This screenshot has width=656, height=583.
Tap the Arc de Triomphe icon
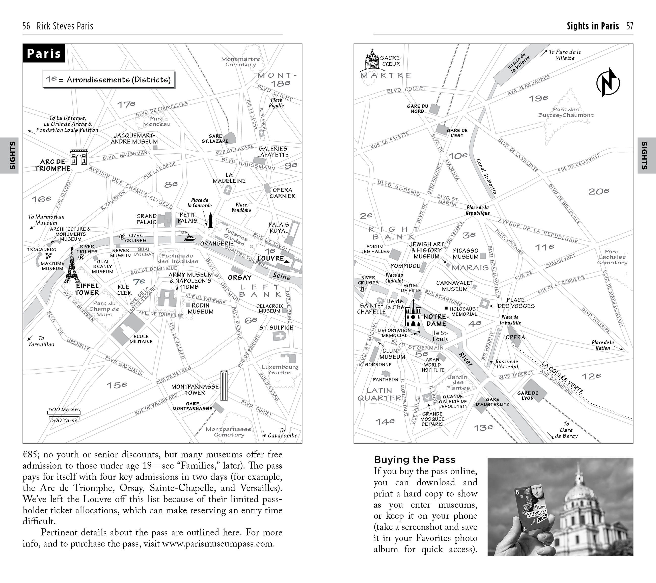pos(79,157)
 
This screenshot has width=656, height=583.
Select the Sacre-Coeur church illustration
pos(372,60)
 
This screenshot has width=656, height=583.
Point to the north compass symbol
pos(608,82)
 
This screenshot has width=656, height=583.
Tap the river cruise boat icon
pos(189,237)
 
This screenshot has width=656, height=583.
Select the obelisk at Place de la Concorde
pos(210,220)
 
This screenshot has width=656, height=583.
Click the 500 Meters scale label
pos(64,409)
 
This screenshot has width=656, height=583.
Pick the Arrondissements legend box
pos(108,79)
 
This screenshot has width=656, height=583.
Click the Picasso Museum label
pos(466,254)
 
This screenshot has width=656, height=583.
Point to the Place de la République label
pos(478,210)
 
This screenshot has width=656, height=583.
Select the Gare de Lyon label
pos(528,396)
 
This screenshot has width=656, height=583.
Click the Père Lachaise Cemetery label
pos(612,257)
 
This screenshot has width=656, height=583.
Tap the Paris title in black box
pos(44,53)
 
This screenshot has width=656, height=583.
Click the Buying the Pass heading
pos(414,459)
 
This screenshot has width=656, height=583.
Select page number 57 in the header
pos(630,26)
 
